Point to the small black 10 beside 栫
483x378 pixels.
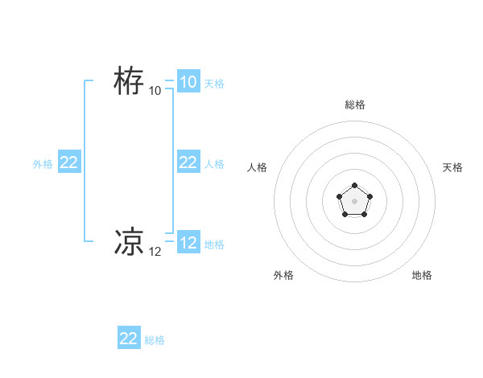tap(155, 91)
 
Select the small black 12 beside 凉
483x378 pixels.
tap(155, 252)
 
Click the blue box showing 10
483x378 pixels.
tap(188, 82)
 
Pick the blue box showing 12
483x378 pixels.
tap(188, 243)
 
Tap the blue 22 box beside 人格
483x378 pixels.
tap(188, 162)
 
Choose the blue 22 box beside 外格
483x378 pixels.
tap(69, 162)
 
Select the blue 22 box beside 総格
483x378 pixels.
tap(129, 339)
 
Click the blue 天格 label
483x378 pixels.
tap(214, 84)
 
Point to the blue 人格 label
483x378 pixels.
tap(214, 164)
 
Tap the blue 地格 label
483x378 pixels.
tap(214, 244)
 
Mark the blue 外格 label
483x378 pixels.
tap(43, 164)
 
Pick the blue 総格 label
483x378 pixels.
tap(155, 340)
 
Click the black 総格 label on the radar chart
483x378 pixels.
tap(355, 105)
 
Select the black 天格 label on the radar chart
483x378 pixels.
tap(453, 167)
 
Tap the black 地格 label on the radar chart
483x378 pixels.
tap(422, 275)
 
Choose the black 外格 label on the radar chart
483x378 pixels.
tap(283, 275)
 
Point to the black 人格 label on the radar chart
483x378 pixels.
tap(258, 167)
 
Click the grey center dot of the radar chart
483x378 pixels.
tap(354, 200)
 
